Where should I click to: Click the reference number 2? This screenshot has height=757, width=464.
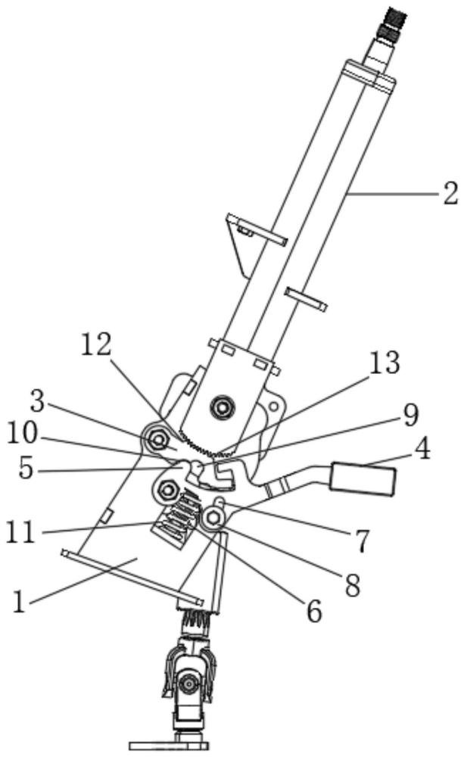450,194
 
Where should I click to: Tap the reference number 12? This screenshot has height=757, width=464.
96,344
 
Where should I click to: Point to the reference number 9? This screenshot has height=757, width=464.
410,415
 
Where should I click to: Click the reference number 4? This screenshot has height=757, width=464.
422,448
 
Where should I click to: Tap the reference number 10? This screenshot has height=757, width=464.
21,434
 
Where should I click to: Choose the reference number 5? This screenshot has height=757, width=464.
26,468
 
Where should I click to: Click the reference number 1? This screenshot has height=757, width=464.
19,602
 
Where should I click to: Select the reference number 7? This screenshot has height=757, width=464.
362,540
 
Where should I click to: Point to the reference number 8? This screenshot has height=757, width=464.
352,585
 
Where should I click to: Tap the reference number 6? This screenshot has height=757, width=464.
314,612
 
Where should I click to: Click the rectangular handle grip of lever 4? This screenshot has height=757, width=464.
363,478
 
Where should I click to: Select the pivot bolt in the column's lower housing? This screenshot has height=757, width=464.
222,407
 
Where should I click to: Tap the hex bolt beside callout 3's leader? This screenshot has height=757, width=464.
158,439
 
